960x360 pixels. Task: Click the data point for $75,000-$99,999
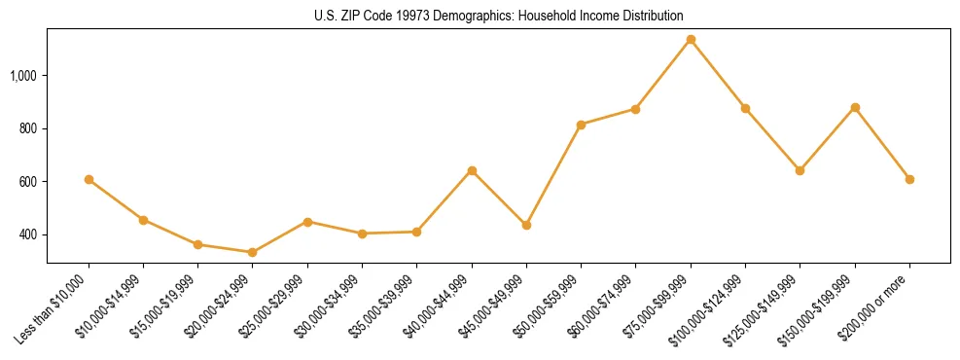pyautogui.click(x=691, y=40)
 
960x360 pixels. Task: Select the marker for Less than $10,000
pyautogui.click(x=89, y=179)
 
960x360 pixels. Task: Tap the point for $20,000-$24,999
pyautogui.click(x=253, y=252)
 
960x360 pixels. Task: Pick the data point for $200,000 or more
pyautogui.click(x=909, y=179)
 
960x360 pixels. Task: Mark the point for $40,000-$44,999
pyautogui.click(x=472, y=170)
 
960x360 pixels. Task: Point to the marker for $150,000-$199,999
pyautogui.click(x=855, y=107)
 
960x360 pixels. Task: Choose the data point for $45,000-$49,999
pyautogui.click(x=526, y=225)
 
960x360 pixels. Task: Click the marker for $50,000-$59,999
pyautogui.click(x=581, y=125)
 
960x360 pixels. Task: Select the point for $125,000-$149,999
pyautogui.click(x=800, y=170)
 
